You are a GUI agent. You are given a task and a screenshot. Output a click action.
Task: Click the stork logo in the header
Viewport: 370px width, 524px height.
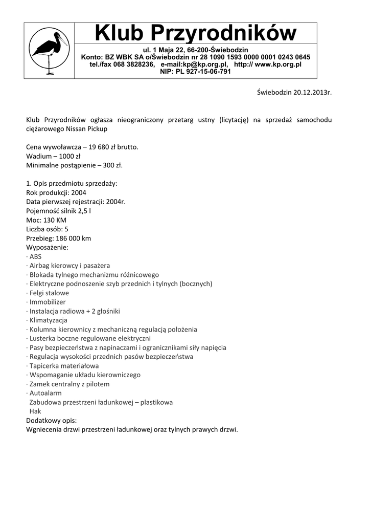click(49, 51)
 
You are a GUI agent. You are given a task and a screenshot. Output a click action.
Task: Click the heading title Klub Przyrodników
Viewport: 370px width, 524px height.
click(196, 34)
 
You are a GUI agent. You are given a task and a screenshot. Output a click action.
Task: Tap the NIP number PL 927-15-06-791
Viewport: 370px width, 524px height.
click(203, 72)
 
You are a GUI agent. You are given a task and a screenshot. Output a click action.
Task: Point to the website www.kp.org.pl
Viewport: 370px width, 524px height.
click(278, 64)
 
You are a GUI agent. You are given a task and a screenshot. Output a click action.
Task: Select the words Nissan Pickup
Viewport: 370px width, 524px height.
click(86, 129)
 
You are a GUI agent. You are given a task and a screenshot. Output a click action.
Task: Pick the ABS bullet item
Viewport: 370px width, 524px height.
click(35, 256)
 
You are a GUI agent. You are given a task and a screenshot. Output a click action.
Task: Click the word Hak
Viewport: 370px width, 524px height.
click(35, 411)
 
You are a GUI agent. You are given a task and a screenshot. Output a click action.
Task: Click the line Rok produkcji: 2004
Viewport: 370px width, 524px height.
click(56, 193)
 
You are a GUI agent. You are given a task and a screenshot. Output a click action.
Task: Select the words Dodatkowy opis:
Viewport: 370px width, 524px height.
click(51, 420)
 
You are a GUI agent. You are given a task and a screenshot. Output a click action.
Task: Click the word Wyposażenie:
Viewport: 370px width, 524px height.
click(47, 247)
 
